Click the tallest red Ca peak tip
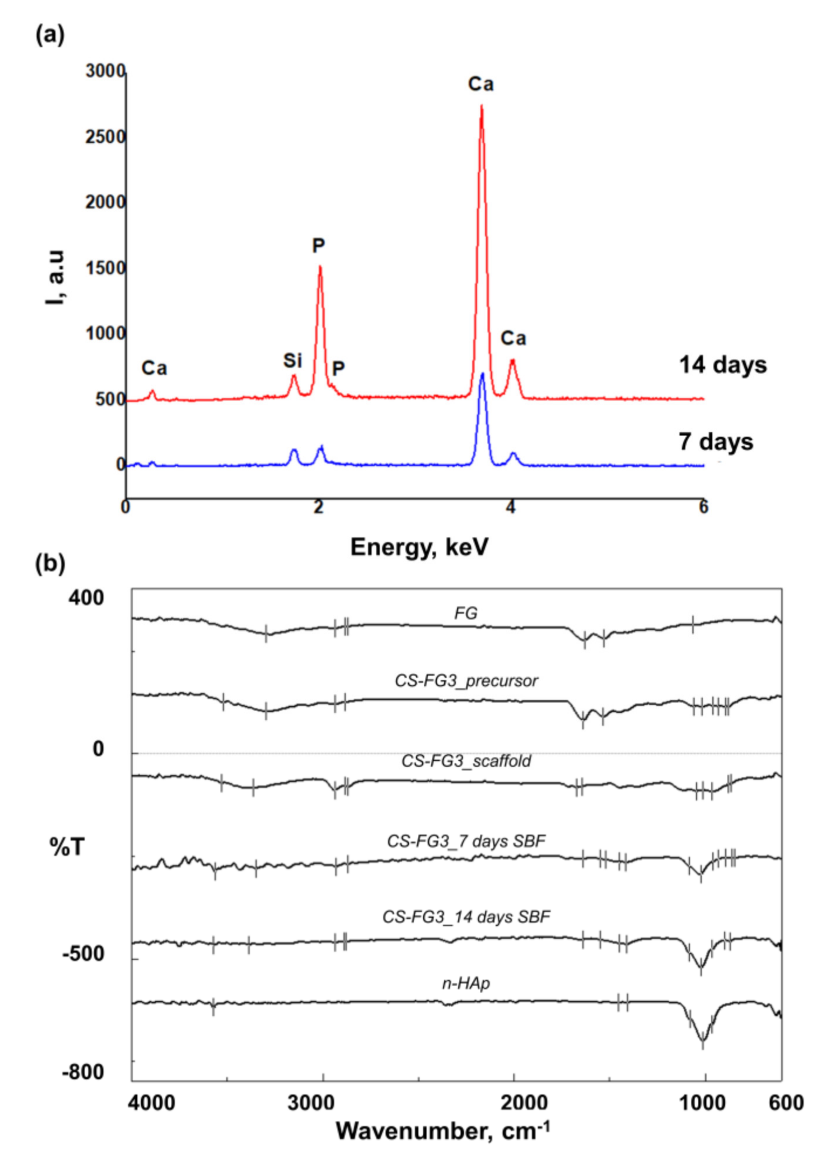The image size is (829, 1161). (x=481, y=106)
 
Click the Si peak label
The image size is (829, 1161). (x=292, y=361)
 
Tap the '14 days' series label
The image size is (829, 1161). (x=722, y=365)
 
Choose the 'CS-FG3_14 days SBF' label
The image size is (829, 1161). (x=466, y=917)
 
